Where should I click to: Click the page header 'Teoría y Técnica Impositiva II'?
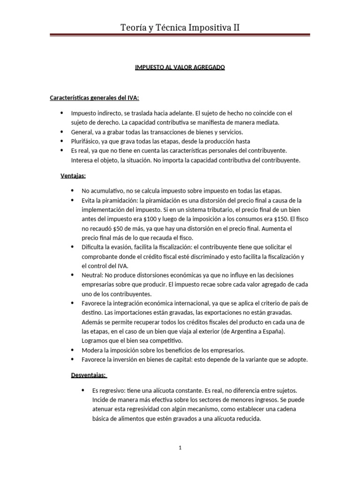click(x=180, y=28)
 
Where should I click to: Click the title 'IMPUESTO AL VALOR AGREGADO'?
click(x=180, y=67)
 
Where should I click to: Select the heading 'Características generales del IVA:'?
click(x=94, y=97)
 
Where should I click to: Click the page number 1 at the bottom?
click(x=180, y=448)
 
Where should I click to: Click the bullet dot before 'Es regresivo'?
click(x=82, y=390)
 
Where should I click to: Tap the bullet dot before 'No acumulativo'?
click(x=72, y=190)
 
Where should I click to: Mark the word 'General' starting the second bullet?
click(x=81, y=132)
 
